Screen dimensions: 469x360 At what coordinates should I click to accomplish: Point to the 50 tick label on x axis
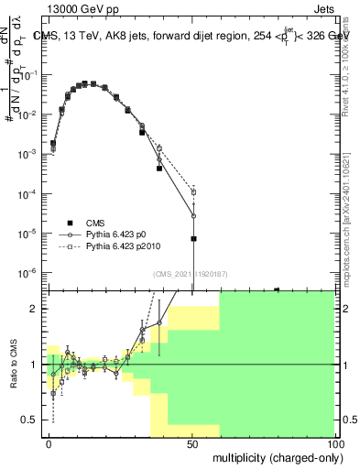click(x=192, y=442)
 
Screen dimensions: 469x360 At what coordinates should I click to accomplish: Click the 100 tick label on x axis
click(x=334, y=442)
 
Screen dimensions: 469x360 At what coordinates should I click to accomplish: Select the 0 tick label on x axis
click(x=49, y=442)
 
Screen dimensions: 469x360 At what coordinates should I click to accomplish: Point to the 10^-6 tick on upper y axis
click(x=29, y=272)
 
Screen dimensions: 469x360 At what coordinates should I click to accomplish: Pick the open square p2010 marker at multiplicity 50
click(x=193, y=192)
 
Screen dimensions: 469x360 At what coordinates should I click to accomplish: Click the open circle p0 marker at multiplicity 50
click(x=193, y=216)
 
